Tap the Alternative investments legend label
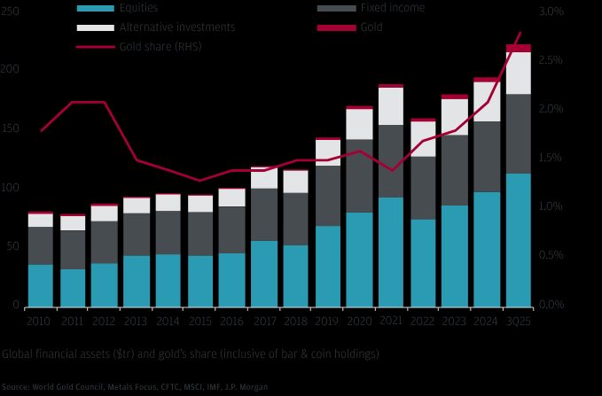176,27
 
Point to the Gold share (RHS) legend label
160,46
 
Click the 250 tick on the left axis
9,12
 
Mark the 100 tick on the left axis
9,188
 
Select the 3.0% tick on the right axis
551,12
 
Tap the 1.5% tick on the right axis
551,158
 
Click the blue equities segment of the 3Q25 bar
518,239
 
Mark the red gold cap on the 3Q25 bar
518,48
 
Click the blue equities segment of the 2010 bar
40,284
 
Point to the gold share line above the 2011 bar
73,103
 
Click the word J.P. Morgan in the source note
246,387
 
